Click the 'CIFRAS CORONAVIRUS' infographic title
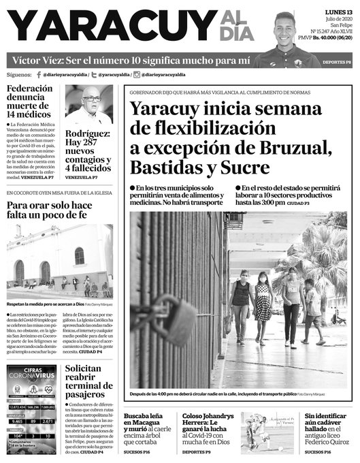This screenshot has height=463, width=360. (31, 372)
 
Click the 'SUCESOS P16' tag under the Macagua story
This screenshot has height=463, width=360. (140, 452)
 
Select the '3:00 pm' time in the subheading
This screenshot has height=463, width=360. (272, 203)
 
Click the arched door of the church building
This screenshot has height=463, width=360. (45, 270)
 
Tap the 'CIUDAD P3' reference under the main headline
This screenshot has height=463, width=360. (297, 204)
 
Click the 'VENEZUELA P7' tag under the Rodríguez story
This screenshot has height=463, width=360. (82, 178)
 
